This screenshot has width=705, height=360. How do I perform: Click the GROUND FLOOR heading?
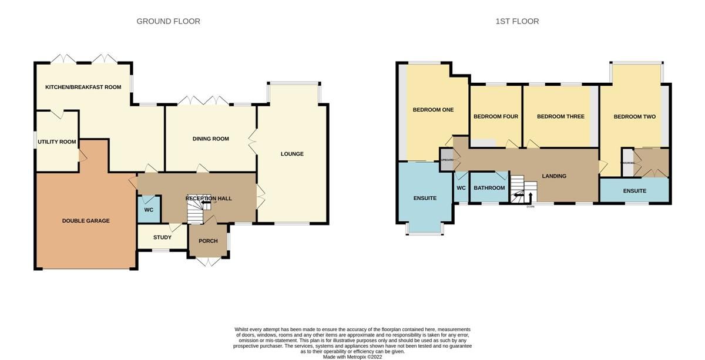click(168, 21)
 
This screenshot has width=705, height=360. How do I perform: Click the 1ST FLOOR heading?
click(517, 21)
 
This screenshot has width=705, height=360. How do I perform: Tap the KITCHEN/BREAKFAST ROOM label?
click(83, 87)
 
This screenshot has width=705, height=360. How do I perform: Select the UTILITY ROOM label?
click(56, 142)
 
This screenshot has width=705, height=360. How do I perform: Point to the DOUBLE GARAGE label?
click(86, 221)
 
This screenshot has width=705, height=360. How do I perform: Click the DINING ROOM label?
click(210, 139)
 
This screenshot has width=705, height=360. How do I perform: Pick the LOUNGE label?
click(292, 154)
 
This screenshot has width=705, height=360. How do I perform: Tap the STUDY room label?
click(162, 237)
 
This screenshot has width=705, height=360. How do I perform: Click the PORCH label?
click(208, 241)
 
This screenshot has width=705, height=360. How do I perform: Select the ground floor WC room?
click(149, 210)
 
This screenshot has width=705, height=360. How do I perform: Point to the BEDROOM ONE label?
click(433, 110)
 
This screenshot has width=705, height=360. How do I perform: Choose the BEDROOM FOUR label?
click(496, 116)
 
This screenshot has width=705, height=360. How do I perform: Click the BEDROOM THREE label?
click(560, 116)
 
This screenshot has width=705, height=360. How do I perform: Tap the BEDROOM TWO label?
click(634, 116)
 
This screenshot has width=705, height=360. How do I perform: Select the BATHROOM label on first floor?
click(489, 188)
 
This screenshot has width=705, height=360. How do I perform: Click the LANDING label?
click(554, 176)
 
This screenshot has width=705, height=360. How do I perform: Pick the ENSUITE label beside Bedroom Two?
click(634, 191)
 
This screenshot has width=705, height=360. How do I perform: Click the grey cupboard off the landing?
click(447, 160)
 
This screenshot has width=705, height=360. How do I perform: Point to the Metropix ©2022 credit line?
click(352, 356)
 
